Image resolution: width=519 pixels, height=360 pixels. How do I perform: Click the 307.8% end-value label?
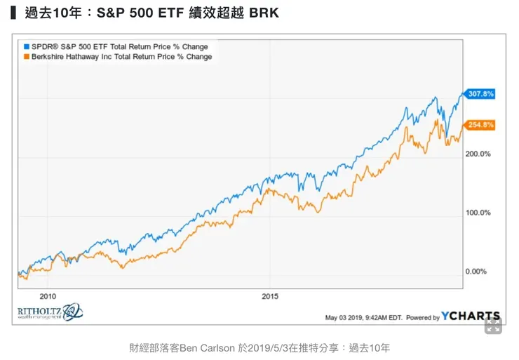click(481, 93)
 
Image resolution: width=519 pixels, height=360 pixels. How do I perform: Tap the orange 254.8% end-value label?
click(481, 125)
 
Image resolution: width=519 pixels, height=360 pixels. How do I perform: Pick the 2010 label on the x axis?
click(48, 296)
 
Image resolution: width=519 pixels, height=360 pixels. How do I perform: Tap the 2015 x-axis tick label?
click(269, 296)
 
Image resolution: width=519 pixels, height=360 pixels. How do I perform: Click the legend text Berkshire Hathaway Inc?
click(77, 57)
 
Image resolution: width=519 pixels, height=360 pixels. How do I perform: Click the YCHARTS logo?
click(471, 316)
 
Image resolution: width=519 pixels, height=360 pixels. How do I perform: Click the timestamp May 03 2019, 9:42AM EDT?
click(363, 317)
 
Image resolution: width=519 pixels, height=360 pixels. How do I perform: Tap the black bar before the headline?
click(13, 13)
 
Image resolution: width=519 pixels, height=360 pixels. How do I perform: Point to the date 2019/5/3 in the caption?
click(272, 347)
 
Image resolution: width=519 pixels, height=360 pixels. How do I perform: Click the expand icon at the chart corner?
click(493, 325)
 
